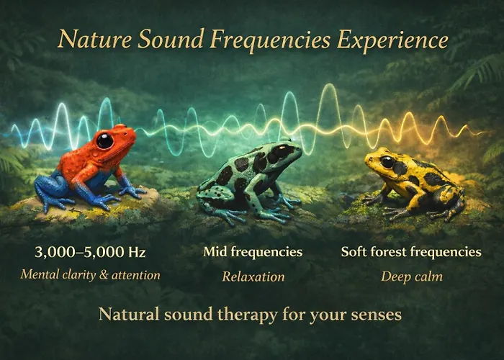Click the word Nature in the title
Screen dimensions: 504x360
95,39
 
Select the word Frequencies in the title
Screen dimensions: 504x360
270,40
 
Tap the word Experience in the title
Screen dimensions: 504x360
392,41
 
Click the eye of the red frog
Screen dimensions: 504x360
105,140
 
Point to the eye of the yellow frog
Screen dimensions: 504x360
387,162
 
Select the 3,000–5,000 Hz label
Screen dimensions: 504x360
90,252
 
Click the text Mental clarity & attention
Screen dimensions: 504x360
90,275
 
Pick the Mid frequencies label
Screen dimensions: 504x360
253,252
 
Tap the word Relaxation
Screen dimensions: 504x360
253,276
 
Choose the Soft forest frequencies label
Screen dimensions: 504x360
411,252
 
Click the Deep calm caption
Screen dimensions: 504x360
412,276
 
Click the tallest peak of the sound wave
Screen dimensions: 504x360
330,84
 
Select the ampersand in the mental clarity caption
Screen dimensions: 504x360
104,275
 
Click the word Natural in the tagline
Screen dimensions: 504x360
129,314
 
